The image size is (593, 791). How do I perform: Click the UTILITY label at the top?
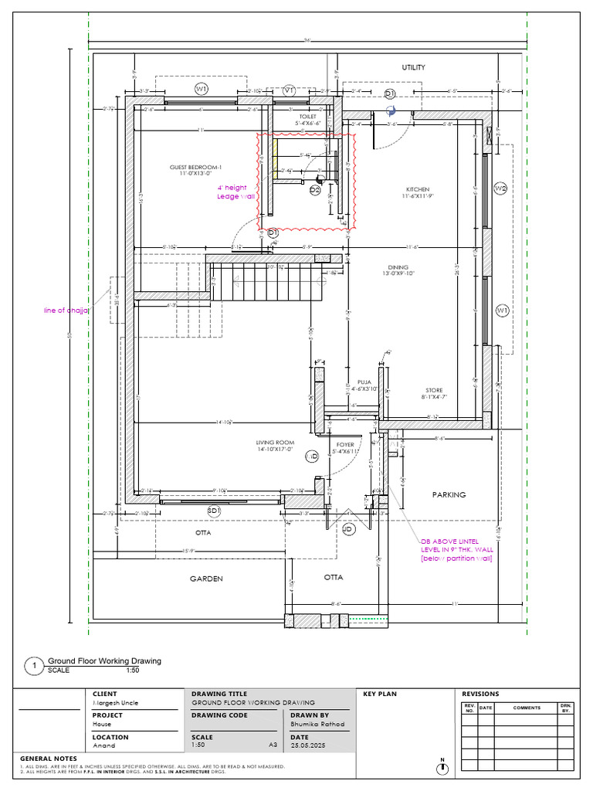(x=413, y=68)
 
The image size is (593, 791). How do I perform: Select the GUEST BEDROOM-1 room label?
(x=196, y=168)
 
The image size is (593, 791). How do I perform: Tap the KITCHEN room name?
(x=418, y=189)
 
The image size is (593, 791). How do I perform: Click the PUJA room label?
(x=364, y=382)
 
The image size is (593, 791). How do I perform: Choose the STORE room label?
(x=434, y=391)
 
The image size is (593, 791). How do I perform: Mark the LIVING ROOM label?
(x=276, y=443)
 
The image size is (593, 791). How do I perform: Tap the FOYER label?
(x=344, y=445)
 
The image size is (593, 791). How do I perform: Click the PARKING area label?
(x=449, y=494)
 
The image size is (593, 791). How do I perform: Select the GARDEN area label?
(x=206, y=579)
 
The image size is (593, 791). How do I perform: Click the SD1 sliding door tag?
(x=214, y=511)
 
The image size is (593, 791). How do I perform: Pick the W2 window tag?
(x=500, y=188)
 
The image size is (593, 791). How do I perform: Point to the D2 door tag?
(x=315, y=190)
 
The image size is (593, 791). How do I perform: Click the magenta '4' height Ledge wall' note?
(x=236, y=192)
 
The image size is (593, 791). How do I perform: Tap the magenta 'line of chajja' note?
(x=66, y=311)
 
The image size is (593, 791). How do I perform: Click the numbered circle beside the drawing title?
(x=34, y=666)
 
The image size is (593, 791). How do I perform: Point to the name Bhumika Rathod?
(x=317, y=725)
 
